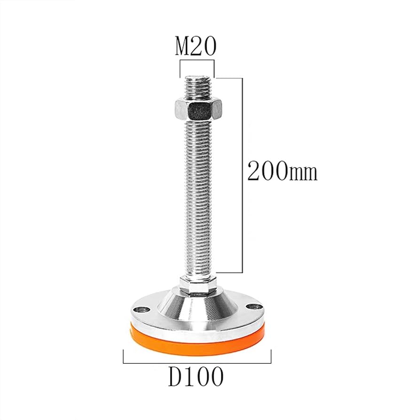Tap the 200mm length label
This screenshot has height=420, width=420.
pos(282,172)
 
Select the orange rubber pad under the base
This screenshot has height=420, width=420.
pos(197,341)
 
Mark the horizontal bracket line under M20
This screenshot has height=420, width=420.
pos(196,60)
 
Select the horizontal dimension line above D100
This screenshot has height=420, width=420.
pos(197,363)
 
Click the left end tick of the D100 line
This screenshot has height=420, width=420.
pos(124,357)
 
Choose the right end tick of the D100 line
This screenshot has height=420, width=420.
pos(271,357)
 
